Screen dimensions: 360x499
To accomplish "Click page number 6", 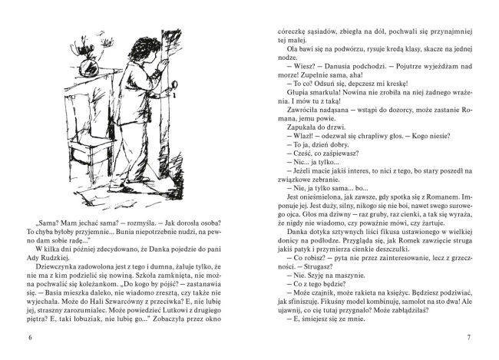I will click(30, 336).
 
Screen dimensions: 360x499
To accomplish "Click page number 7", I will click(468, 336).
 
